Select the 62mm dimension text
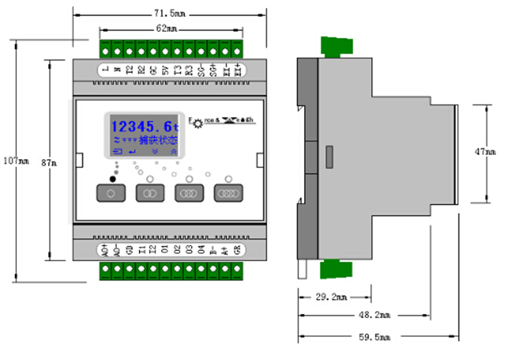point(169,28)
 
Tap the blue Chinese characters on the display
point(157,141)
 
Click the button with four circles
point(229,194)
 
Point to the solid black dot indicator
point(111,180)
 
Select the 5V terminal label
point(166,70)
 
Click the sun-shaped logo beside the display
point(198,122)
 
